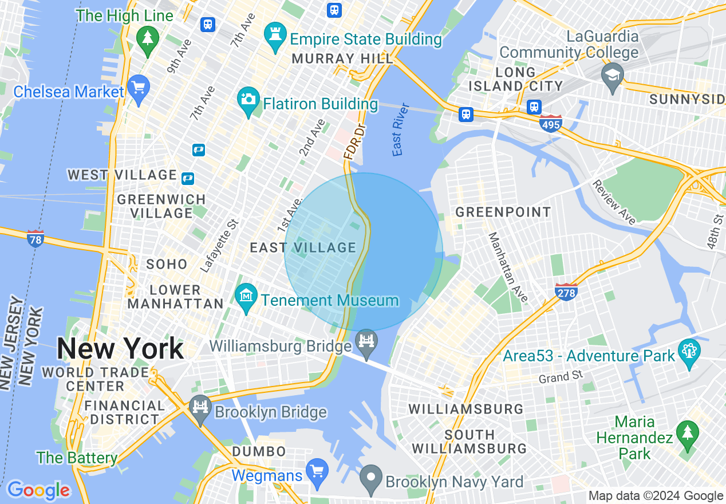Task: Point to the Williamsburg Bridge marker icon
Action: [366, 341]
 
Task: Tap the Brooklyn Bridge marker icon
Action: [200, 409]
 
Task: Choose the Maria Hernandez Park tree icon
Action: [686, 433]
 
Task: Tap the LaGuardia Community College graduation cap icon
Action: [612, 77]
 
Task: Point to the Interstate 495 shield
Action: [550, 123]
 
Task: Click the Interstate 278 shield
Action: [566, 292]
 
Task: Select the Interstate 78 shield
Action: [35, 238]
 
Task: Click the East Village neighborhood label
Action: [303, 247]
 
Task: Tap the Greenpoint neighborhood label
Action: [503, 212]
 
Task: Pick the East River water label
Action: [401, 129]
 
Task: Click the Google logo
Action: [38, 490]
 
